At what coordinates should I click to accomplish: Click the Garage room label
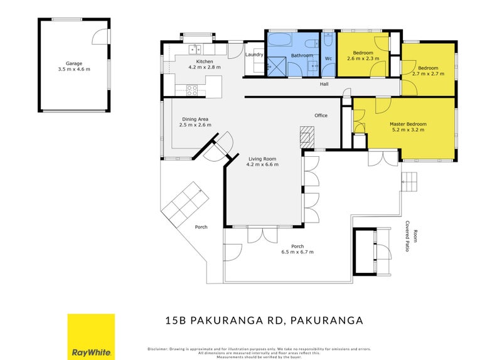pyautogui.click(x=74, y=63)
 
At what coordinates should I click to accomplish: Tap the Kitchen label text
pyautogui.click(x=205, y=61)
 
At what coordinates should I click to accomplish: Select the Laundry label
pyautogui.click(x=254, y=55)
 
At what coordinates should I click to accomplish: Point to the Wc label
pyautogui.click(x=328, y=59)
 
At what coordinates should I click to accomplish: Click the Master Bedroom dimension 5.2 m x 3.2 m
pyautogui.click(x=408, y=130)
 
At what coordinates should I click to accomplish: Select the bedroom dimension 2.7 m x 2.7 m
pyautogui.click(x=428, y=73)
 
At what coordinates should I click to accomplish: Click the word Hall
pyautogui.click(x=324, y=84)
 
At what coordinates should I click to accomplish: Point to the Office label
pyautogui.click(x=321, y=115)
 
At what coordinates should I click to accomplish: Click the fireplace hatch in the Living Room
pyautogui.click(x=306, y=137)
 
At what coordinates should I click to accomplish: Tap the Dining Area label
pyautogui.click(x=195, y=119)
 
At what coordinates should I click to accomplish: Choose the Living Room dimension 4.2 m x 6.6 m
pyautogui.click(x=262, y=164)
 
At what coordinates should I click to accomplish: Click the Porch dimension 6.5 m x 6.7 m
pyautogui.click(x=297, y=251)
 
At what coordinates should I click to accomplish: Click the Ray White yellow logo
pyautogui.click(x=91, y=336)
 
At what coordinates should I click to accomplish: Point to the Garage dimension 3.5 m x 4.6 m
pyautogui.click(x=74, y=70)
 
